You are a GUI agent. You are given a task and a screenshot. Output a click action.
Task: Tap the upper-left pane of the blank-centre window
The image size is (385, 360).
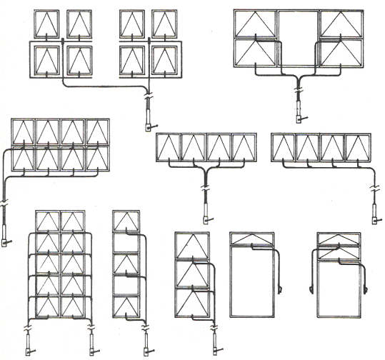tap(255, 25)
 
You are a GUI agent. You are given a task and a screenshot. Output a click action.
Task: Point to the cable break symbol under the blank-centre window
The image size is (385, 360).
tap(298, 91)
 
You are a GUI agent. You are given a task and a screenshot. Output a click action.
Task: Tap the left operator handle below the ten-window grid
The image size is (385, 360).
tap(29, 349)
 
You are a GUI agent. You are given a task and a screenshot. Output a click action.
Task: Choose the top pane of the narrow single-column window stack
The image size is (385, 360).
tap(126, 222)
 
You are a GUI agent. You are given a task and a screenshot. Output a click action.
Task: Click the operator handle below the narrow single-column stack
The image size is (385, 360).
tap(147, 349)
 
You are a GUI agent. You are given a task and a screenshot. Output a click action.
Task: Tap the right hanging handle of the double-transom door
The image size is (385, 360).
tap(366, 289)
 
